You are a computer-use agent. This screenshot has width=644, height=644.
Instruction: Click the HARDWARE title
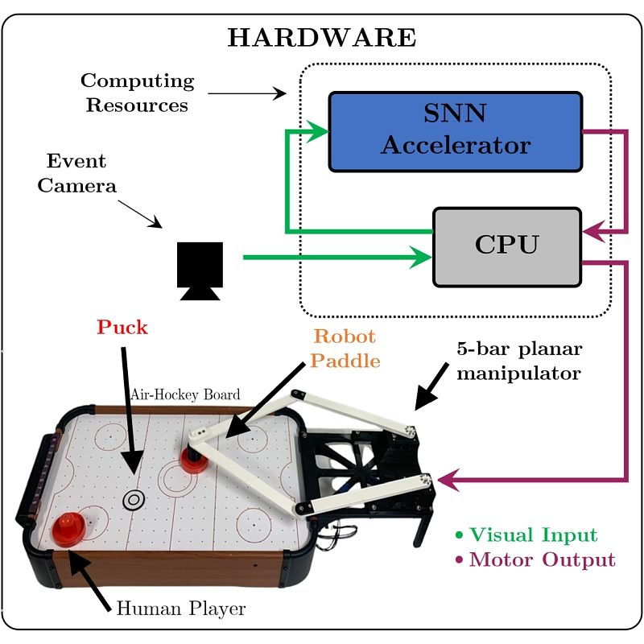coord(322,38)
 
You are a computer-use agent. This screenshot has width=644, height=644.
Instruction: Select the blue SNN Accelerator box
coord(455,130)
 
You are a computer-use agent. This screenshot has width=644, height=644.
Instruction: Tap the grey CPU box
coord(506,246)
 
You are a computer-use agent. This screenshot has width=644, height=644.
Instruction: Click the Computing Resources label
coord(138,93)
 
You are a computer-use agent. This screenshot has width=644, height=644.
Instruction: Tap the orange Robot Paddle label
coord(345,348)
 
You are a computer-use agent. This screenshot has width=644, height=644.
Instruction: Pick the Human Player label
coord(180,609)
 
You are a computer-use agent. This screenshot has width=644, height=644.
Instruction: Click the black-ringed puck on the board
coord(133,500)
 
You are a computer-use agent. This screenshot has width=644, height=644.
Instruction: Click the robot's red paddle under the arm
coord(194,461)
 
